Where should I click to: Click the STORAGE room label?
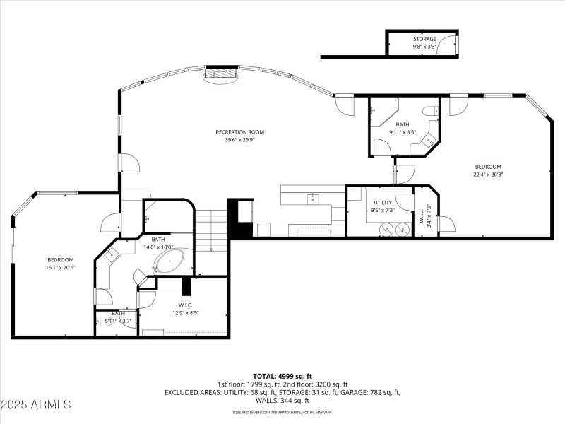coord(424,39)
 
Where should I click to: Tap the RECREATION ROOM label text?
coord(240,132)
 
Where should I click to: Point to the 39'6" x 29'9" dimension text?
coord(240,140)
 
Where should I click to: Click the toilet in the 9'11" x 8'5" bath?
coord(428,111)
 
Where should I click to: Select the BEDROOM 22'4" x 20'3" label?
coord(487,167)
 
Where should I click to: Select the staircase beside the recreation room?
coord(210,230)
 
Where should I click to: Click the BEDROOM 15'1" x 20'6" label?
coord(61,260)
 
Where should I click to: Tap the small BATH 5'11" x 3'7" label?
coord(118,313)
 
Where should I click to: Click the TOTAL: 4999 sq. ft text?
coord(282,376)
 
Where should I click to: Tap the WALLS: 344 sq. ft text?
coord(282,400)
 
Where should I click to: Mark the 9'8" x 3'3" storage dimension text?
coord(424,47)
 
